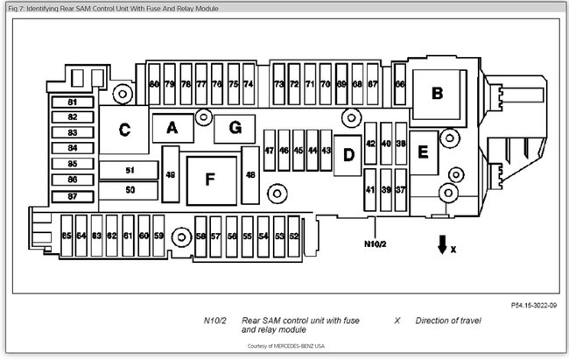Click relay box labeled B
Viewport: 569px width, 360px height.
(437, 93)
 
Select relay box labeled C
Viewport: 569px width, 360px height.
(124, 131)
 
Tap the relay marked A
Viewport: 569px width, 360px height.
(172, 128)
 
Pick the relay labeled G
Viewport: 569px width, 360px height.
(235, 128)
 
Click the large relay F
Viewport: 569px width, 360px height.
(209, 179)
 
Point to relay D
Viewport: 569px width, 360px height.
(348, 156)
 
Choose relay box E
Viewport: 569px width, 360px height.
(423, 152)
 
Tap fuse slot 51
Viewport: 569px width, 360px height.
(130, 170)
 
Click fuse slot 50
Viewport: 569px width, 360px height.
(130, 188)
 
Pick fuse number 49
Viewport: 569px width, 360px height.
(171, 175)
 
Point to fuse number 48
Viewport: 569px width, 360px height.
(251, 175)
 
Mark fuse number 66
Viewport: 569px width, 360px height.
(399, 84)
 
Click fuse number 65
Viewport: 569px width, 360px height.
(67, 236)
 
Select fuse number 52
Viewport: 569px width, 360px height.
(294, 236)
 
